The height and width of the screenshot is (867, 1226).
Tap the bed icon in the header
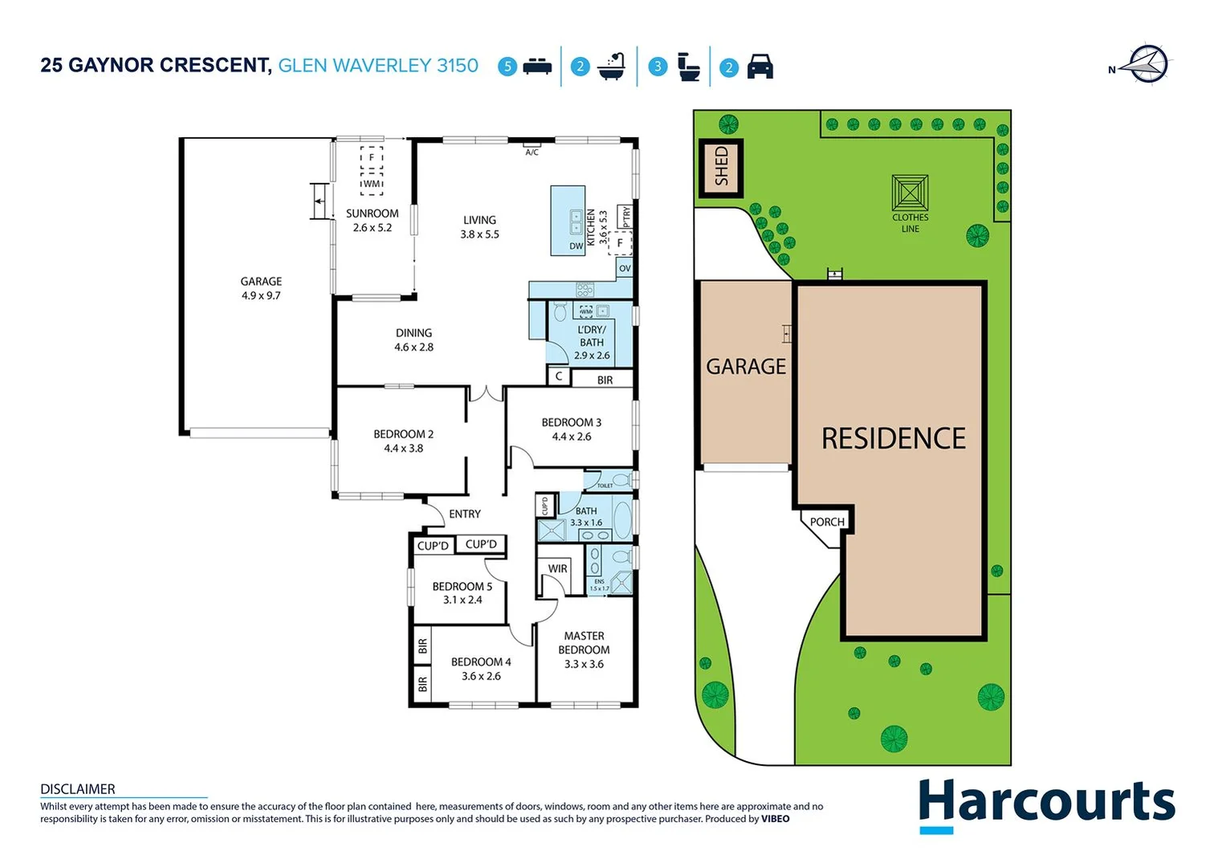click(537, 67)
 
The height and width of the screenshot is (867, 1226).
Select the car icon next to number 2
click(760, 67)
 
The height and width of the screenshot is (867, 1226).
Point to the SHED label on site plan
click(721, 167)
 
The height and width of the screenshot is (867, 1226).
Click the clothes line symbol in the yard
click(910, 193)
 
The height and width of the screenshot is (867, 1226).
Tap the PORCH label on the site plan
click(827, 522)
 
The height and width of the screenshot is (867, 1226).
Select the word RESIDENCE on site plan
click(894, 438)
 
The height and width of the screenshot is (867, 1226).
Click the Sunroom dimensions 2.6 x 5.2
click(373, 228)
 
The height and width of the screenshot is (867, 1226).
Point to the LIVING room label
click(479, 220)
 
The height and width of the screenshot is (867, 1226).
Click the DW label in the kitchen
click(576, 246)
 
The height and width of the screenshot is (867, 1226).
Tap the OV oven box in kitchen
click(625, 268)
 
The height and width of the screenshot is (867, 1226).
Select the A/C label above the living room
click(532, 152)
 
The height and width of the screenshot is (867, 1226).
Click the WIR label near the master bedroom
click(557, 568)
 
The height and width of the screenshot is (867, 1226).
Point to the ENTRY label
click(465, 514)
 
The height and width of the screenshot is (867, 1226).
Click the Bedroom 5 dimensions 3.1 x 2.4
click(462, 600)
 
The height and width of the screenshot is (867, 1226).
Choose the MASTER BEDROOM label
click(584, 643)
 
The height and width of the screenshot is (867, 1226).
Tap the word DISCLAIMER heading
click(78, 789)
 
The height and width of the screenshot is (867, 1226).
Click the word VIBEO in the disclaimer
click(775, 819)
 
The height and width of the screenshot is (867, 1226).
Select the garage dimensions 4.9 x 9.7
click(261, 295)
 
